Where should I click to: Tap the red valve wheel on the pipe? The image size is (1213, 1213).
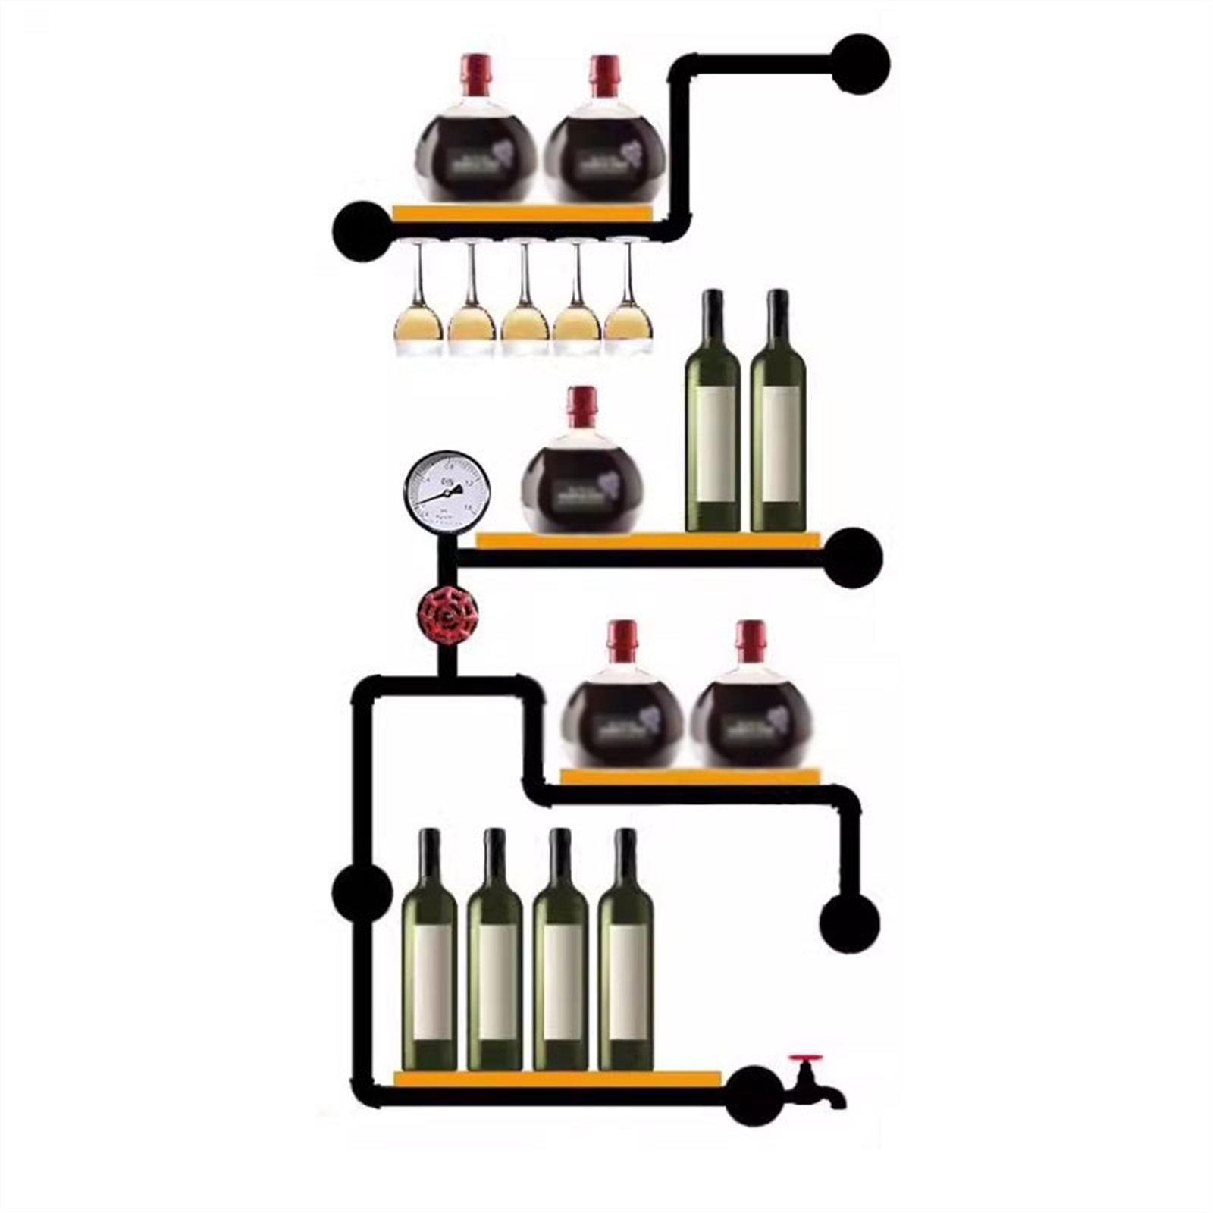pos(448,616)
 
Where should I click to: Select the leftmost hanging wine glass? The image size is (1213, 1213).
pos(418,303)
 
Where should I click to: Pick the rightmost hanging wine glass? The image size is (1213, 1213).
pos(628,303)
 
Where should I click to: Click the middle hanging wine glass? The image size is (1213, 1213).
pos(524,303)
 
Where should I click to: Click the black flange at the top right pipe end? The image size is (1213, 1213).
pos(860,64)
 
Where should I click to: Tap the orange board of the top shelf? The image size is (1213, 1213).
pos(522,213)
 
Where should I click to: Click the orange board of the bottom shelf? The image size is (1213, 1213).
pos(557,1078)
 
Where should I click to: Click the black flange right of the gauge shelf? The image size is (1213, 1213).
pos(854,557)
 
